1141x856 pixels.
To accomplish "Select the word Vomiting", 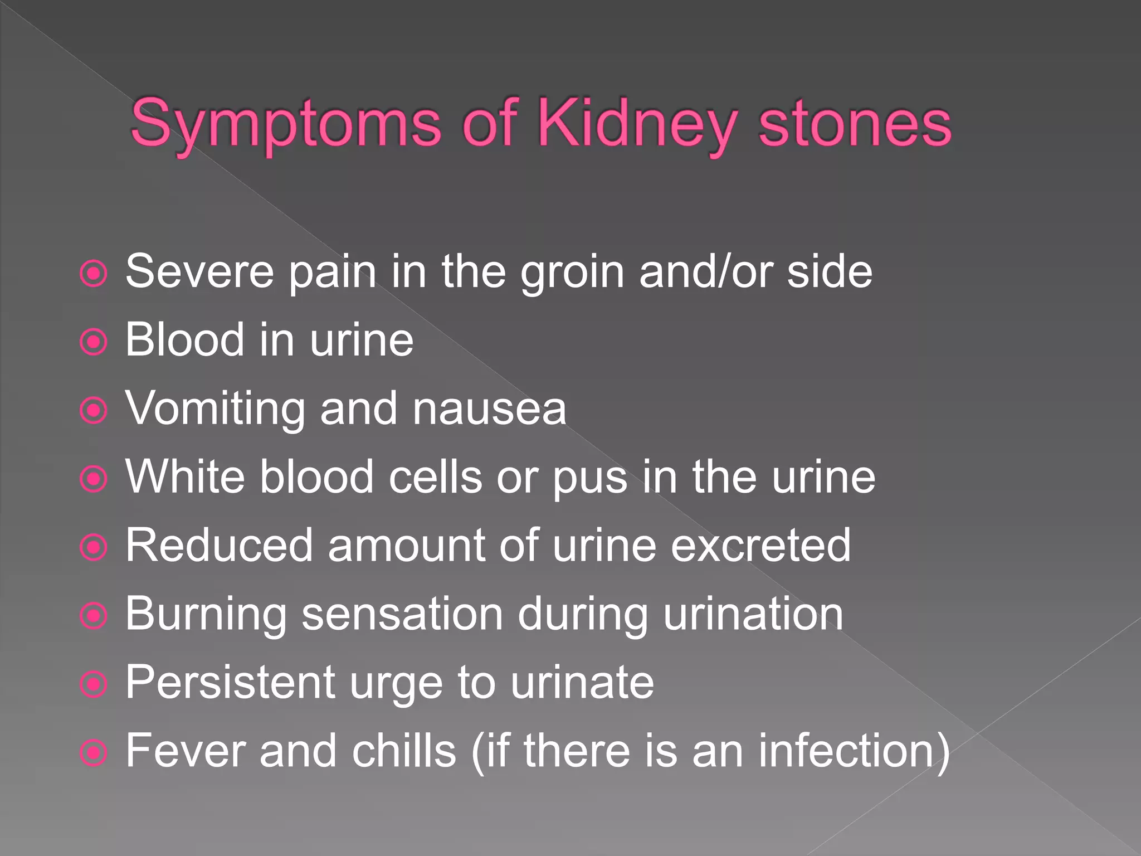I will tap(215, 409).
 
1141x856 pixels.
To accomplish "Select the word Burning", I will tap(206, 615).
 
